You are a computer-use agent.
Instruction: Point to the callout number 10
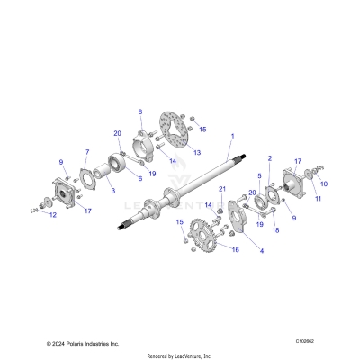325,184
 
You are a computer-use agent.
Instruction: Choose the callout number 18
275,230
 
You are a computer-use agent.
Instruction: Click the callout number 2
268,158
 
